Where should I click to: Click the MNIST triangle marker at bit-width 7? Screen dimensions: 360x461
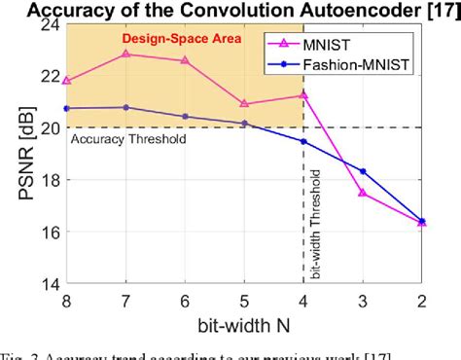[125, 54]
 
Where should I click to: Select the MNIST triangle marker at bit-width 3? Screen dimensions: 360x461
[363, 193]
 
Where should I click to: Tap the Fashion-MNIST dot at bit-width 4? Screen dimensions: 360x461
[303, 141]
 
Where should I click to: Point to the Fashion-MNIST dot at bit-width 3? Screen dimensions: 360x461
[363, 171]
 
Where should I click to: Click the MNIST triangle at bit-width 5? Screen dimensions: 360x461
[244, 103]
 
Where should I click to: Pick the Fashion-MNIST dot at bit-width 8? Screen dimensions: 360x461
[66, 108]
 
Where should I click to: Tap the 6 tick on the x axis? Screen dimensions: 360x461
[185, 301]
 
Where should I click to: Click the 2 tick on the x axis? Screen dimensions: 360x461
[422, 301]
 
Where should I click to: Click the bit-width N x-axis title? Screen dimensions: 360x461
[244, 323]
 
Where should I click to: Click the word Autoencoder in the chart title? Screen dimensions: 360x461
[320, 10]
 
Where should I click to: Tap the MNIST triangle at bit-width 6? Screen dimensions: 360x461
[185, 60]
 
